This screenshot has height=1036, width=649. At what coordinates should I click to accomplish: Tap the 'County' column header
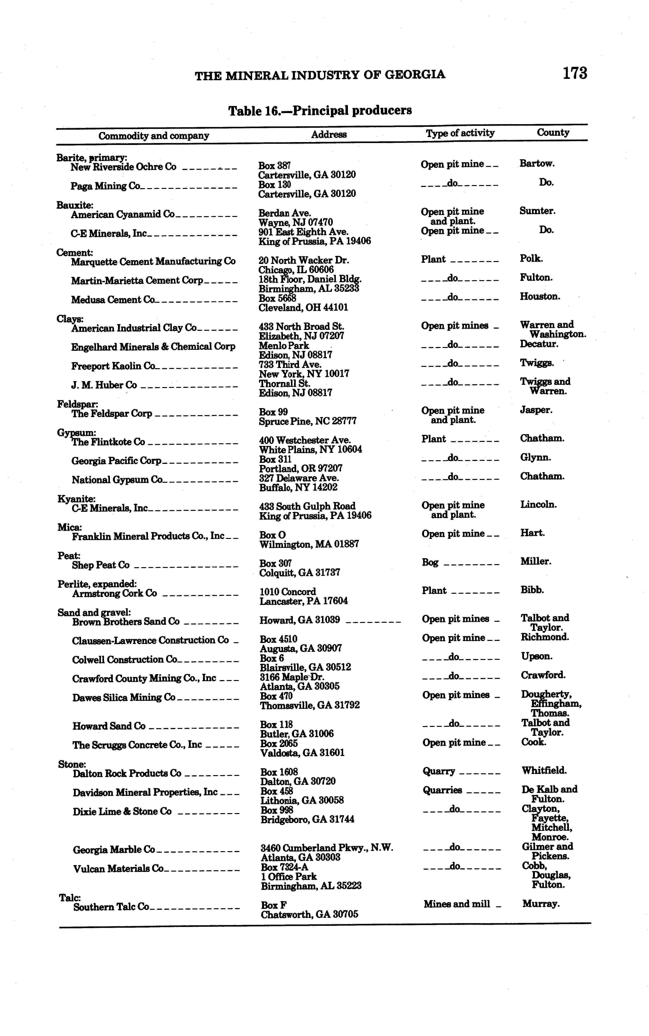pos(553,133)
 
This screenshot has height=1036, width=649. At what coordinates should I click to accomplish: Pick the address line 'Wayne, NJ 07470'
pos(295,222)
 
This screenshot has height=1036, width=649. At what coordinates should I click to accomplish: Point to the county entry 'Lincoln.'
pos(538,505)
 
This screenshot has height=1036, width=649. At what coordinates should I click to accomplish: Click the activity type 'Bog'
pos(430,562)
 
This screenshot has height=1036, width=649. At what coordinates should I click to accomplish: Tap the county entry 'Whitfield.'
pos(544,771)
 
